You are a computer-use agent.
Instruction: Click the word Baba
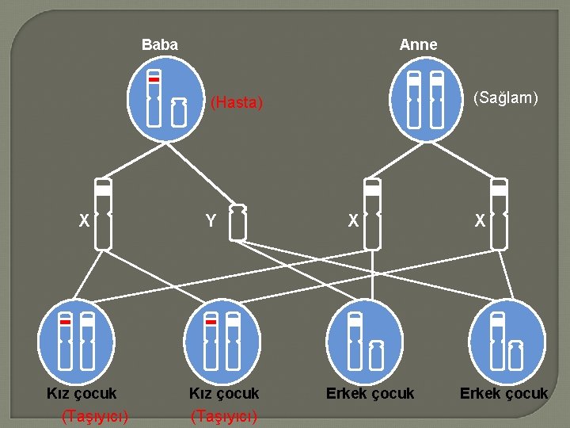tap(159, 45)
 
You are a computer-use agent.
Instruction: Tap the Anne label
tap(418, 45)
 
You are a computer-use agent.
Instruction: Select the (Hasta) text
tap(236, 102)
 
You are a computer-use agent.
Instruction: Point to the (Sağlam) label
tap(505, 97)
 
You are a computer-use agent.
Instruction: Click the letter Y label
tap(211, 222)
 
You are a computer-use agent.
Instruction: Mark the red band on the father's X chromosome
tap(154, 80)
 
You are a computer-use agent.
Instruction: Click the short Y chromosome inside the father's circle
tap(179, 113)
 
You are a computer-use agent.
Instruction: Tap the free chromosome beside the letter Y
tap(237, 222)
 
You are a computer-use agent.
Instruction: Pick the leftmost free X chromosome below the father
tap(103, 214)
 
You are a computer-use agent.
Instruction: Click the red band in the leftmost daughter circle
tap(66, 323)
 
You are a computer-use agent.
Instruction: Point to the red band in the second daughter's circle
tap(211, 323)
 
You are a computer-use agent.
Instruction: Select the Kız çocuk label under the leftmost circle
tap(81, 393)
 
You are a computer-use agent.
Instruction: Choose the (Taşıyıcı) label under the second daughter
tap(224, 415)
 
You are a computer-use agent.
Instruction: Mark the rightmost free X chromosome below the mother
tap(499, 214)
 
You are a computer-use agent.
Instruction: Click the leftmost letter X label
tap(83, 222)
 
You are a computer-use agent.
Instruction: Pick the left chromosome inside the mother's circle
tap(413, 99)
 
